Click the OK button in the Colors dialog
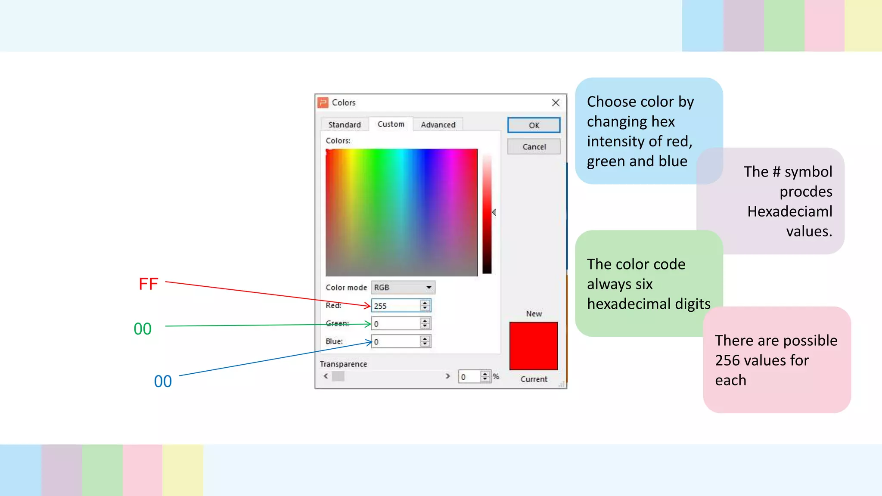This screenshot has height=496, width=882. [x=534, y=125]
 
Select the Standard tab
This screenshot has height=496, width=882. [x=345, y=124]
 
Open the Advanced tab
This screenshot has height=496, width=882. [x=438, y=124]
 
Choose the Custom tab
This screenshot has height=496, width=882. [x=391, y=124]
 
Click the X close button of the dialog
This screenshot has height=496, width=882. [x=556, y=102]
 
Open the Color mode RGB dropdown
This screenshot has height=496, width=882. [x=403, y=287]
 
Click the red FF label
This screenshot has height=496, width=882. [x=149, y=284]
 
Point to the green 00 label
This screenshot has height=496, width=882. [x=143, y=329]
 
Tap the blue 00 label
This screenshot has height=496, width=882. [x=163, y=381]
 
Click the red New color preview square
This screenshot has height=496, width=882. [x=534, y=346]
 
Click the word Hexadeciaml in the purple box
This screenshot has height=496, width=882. [x=789, y=211]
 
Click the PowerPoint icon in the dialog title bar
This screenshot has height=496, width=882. [x=323, y=102]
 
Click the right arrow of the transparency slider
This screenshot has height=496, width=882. [x=447, y=376]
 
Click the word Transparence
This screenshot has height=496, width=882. [x=343, y=364]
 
